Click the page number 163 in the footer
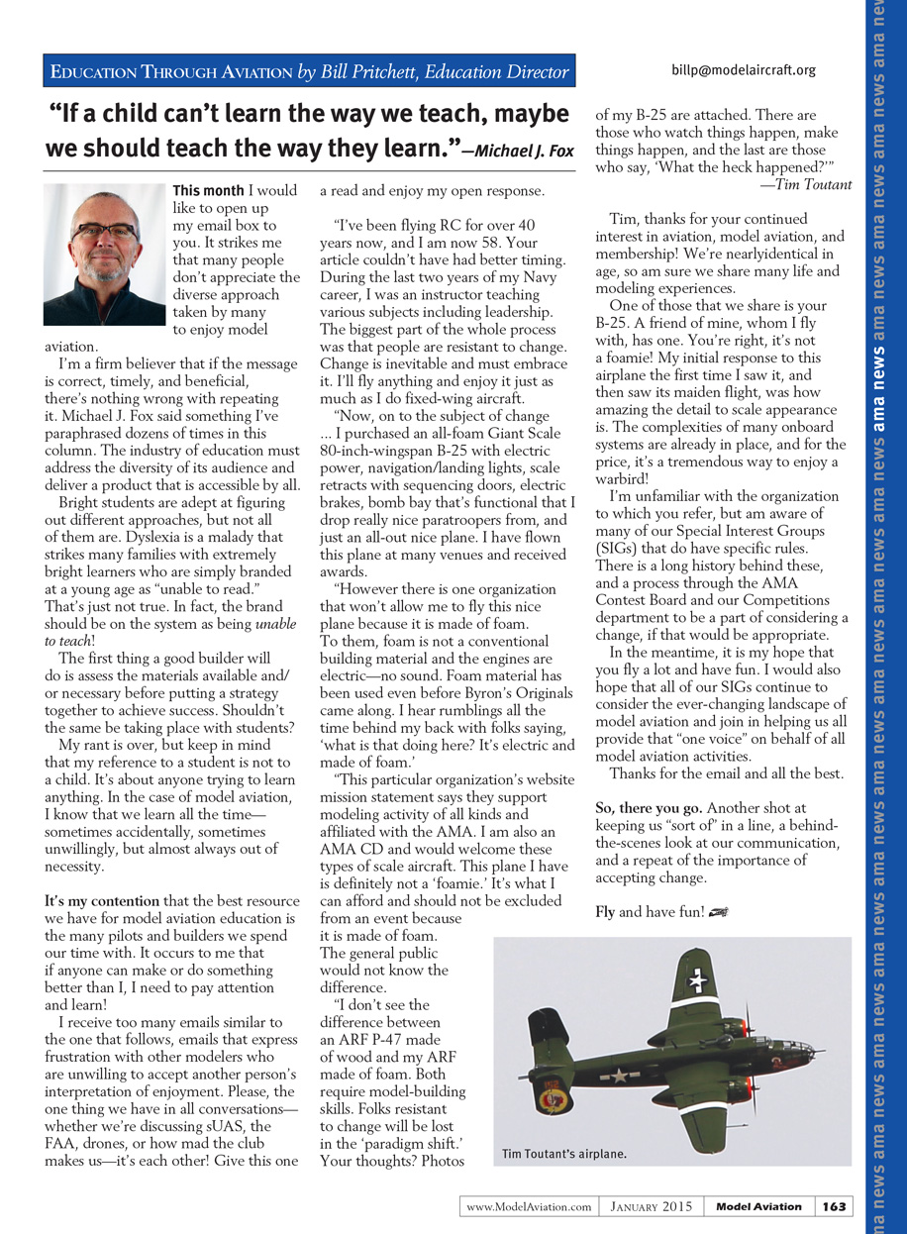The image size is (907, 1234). pyautogui.click(x=834, y=1206)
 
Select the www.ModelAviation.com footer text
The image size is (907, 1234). pyautogui.click(x=529, y=1206)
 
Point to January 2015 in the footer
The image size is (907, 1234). pyautogui.click(x=650, y=1206)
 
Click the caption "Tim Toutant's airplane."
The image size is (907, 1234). pyautogui.click(x=564, y=1154)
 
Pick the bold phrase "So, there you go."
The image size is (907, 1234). pyautogui.click(x=650, y=808)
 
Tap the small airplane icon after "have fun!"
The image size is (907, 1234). pyautogui.click(x=720, y=912)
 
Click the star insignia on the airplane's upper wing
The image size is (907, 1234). pyautogui.click(x=697, y=979)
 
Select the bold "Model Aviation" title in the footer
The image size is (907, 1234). pyautogui.click(x=758, y=1206)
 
